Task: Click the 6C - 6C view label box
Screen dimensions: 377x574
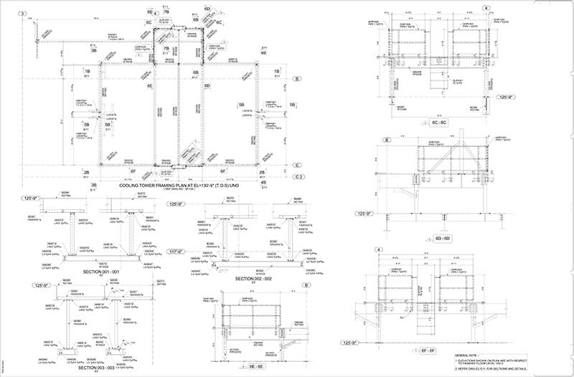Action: pyautogui.click(x=438, y=123)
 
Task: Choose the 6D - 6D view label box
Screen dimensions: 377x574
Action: pyautogui.click(x=438, y=237)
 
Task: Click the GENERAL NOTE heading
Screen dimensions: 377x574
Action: pyautogui.click(x=468, y=354)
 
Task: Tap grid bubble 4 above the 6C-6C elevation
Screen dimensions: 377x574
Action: pyautogui.click(x=486, y=8)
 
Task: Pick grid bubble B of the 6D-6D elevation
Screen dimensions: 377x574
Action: pyautogui.click(x=387, y=139)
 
